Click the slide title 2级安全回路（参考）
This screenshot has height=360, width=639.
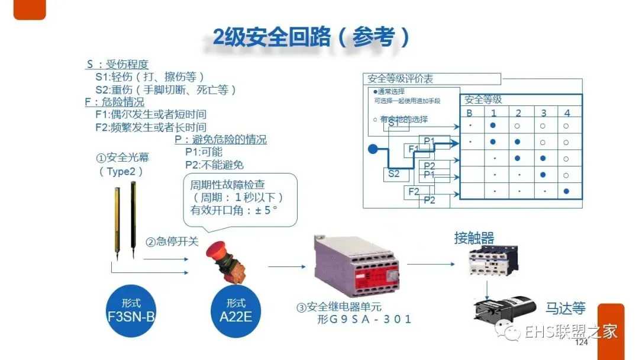(x=311, y=38)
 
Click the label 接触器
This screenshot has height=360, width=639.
(x=474, y=238)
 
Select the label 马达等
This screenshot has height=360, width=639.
(x=565, y=308)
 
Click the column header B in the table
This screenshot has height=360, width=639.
(x=469, y=113)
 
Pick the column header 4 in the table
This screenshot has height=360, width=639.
(x=567, y=113)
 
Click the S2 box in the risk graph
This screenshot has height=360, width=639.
(x=393, y=174)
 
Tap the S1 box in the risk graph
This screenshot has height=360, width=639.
(x=394, y=124)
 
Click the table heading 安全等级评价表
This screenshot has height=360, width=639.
(x=401, y=79)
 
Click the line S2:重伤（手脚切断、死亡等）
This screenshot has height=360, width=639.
(x=166, y=89)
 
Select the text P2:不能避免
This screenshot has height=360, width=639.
(x=214, y=165)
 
